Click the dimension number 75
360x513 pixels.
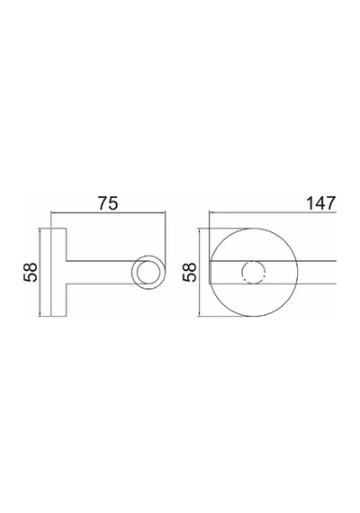click(108, 203)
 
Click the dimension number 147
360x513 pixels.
click(320, 203)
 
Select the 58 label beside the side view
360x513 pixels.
click(31, 272)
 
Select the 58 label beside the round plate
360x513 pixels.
click(190, 272)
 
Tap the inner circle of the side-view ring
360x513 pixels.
click(148, 262)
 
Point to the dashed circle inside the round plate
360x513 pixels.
click(253, 261)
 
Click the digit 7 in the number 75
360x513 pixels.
click(103, 203)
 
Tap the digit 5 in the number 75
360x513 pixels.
click(112, 203)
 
